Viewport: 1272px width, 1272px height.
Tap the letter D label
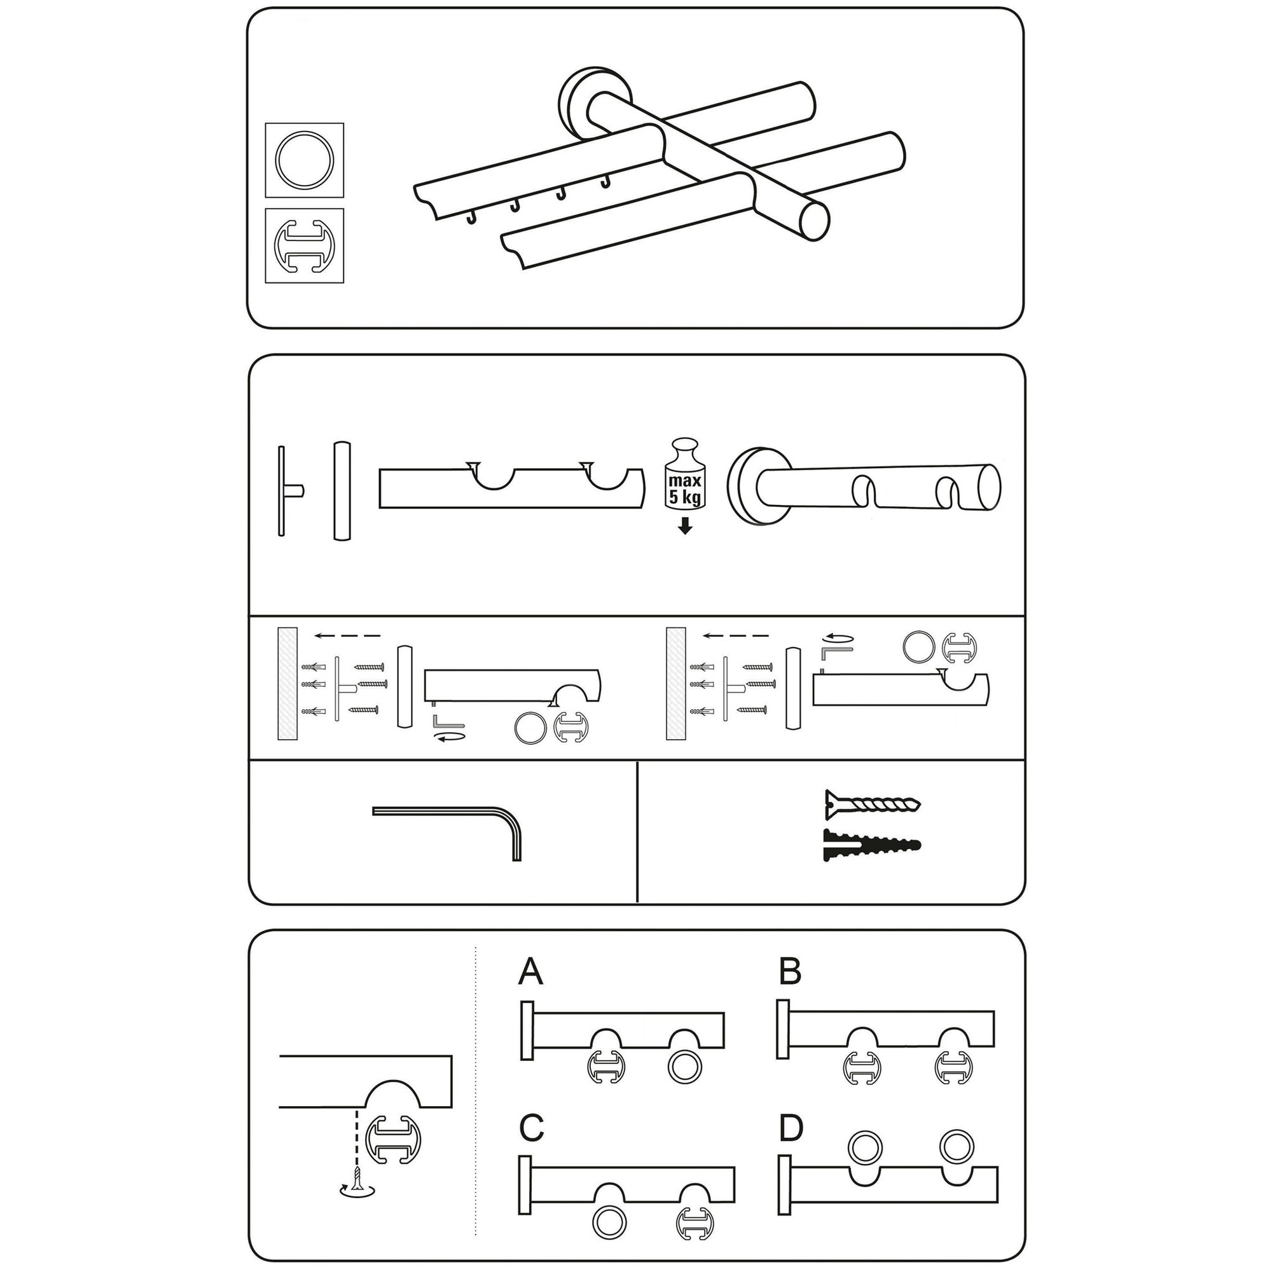click(x=791, y=1128)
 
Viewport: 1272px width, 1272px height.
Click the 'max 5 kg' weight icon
click(x=685, y=474)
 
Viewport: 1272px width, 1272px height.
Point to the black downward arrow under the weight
click(x=686, y=525)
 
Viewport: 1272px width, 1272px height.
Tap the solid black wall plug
click(x=872, y=845)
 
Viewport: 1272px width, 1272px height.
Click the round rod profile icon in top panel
click(x=304, y=160)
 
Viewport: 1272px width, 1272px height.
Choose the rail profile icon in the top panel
click(x=304, y=246)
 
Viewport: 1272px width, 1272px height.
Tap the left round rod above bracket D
click(x=865, y=1147)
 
